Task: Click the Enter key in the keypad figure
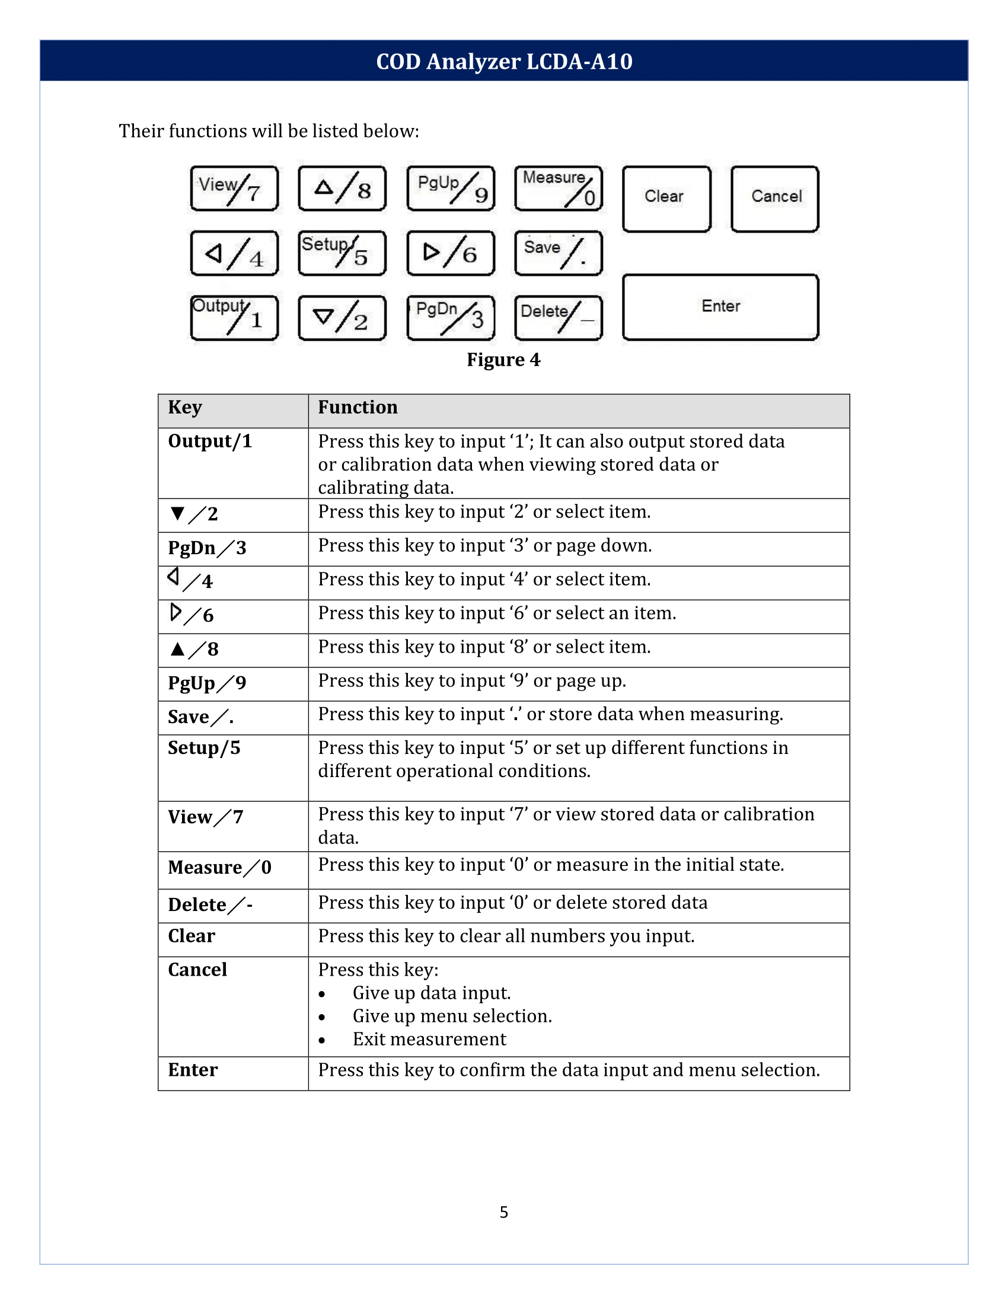[720, 307]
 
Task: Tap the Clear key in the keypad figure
[666, 198]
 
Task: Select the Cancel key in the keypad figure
[774, 198]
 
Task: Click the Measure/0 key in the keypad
[559, 188]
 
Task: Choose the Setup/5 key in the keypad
[342, 253]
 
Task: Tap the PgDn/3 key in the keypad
[450, 318]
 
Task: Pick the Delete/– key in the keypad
[559, 318]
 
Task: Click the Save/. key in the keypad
[559, 253]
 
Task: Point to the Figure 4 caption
[503, 359]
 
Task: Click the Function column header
[358, 407]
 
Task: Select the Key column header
[185, 407]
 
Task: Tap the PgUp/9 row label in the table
[206, 682]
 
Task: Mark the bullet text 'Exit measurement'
[429, 1040]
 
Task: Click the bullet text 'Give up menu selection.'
[452, 1016]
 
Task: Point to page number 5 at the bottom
[503, 1212]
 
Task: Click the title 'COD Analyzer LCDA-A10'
[504, 61]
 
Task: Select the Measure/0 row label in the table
[220, 868]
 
